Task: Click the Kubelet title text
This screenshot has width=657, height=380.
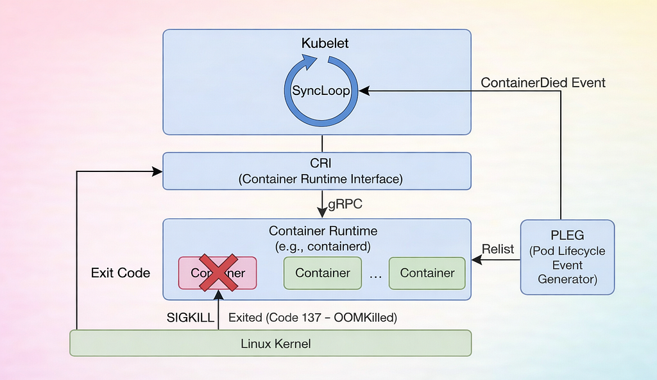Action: click(325, 43)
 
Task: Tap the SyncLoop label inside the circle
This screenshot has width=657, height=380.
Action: click(321, 91)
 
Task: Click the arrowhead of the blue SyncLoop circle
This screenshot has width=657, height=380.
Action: click(309, 62)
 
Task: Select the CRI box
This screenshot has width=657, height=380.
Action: click(317, 171)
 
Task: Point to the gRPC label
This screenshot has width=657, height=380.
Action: click(345, 204)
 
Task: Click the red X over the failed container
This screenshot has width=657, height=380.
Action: click(218, 272)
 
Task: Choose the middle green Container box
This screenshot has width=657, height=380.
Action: click(323, 273)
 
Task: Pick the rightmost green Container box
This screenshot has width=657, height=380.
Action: click(427, 273)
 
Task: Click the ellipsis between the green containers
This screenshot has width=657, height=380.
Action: click(375, 277)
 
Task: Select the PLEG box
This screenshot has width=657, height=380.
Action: click(567, 257)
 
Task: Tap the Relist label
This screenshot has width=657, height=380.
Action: click(498, 249)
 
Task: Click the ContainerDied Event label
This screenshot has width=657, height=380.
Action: click(543, 83)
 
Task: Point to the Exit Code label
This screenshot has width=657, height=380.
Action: click(121, 273)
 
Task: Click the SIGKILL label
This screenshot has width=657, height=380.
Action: click(190, 318)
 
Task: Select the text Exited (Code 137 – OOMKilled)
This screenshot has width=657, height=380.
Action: click(312, 318)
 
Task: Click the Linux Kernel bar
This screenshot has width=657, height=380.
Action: click(270, 343)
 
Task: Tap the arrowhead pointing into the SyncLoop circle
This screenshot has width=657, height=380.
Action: click(364, 91)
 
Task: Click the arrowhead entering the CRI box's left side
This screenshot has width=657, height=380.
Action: click(157, 171)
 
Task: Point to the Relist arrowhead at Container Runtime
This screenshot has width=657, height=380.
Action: click(477, 259)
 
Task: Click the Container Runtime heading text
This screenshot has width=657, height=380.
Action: click(323, 231)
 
